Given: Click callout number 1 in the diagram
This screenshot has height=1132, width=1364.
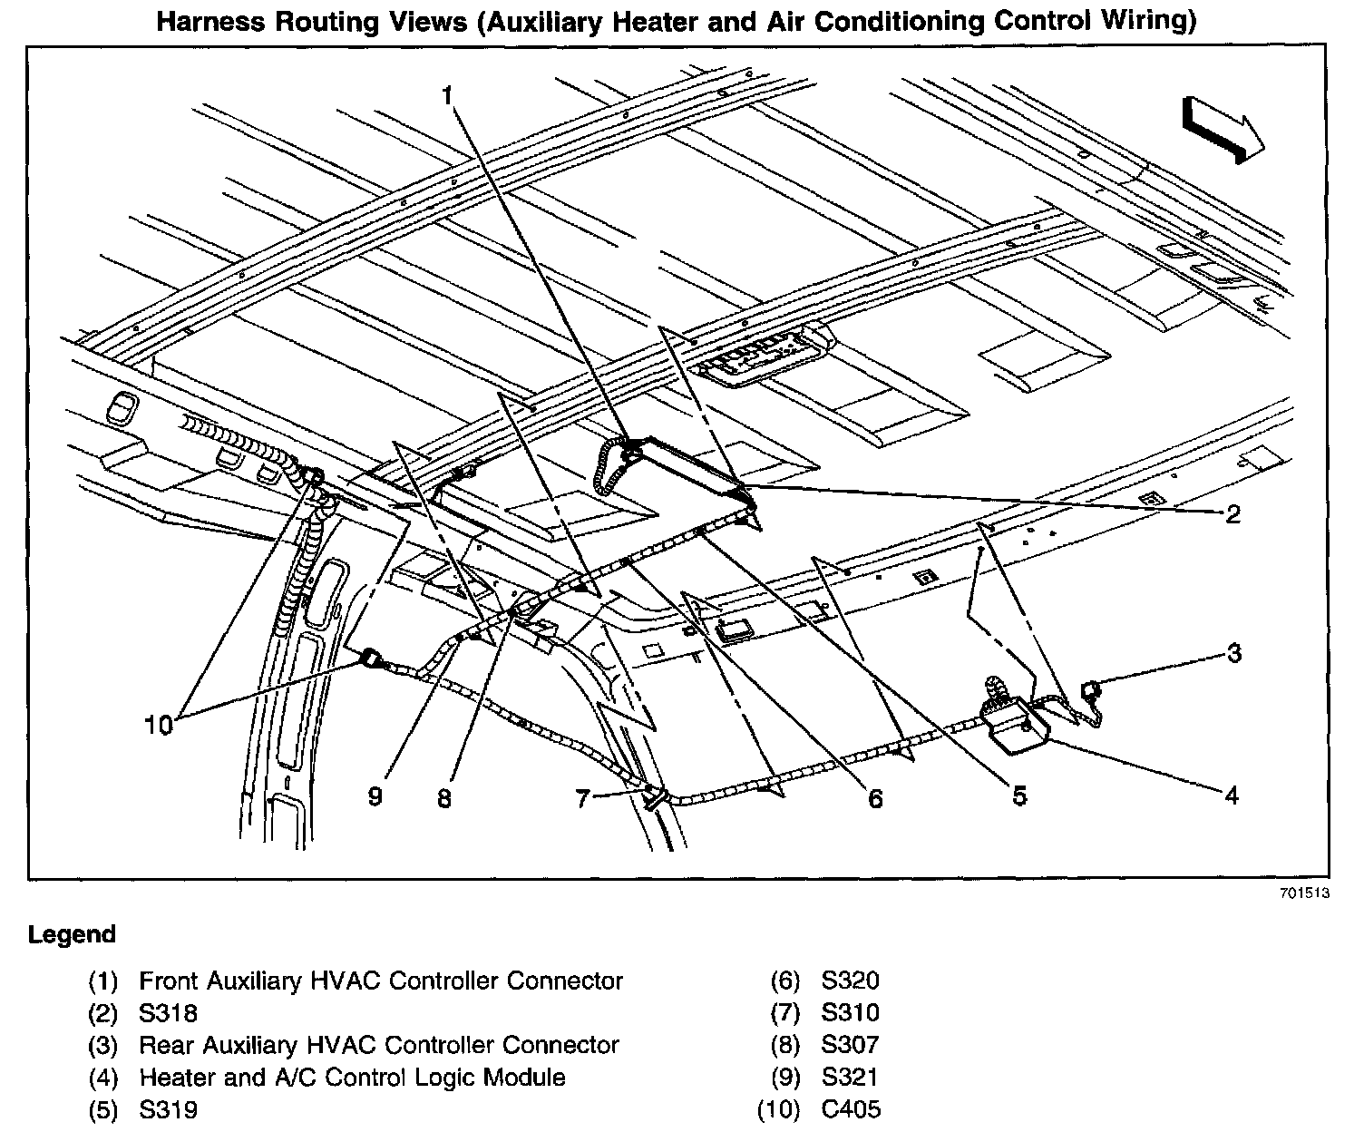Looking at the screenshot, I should pos(447,95).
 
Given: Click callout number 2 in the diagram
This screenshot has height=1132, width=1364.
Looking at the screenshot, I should pos(1232,514).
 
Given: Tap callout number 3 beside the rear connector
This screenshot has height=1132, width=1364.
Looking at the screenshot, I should pos(1233,652).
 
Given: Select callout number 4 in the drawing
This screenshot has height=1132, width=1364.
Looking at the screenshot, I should pos(1231,795).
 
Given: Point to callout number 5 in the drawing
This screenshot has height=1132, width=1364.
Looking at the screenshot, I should pos(1019,795).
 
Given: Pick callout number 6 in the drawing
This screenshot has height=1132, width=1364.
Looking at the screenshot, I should pos(874,798).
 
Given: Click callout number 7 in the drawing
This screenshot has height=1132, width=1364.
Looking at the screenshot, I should pos(582,798).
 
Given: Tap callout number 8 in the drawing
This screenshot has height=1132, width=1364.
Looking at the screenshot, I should pos(443,797).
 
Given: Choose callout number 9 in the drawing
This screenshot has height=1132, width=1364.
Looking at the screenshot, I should pos(375,795).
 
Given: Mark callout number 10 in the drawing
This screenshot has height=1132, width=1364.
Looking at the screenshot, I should pos(158,725).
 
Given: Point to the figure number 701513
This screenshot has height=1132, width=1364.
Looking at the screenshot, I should pos(1304,893).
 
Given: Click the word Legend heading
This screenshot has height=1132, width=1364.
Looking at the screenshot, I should pos(73,934).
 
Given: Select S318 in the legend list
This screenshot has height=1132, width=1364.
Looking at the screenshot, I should pos(168,1012).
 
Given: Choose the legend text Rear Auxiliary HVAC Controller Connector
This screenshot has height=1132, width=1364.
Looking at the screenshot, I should pos(378,1045).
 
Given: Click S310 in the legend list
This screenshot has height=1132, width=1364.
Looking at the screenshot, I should pos(851,1012).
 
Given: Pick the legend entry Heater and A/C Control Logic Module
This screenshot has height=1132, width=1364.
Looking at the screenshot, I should pos(352,1077).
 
